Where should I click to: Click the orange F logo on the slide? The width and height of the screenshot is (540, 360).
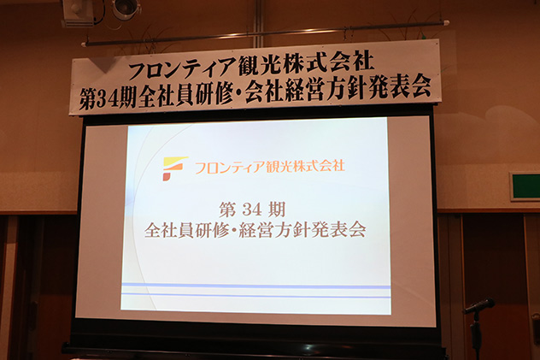click(174, 168)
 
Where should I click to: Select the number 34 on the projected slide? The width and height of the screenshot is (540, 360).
click(255, 208)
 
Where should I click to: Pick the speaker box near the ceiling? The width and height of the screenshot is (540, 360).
click(79, 11)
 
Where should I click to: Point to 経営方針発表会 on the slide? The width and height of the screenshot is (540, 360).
click(303, 229)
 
